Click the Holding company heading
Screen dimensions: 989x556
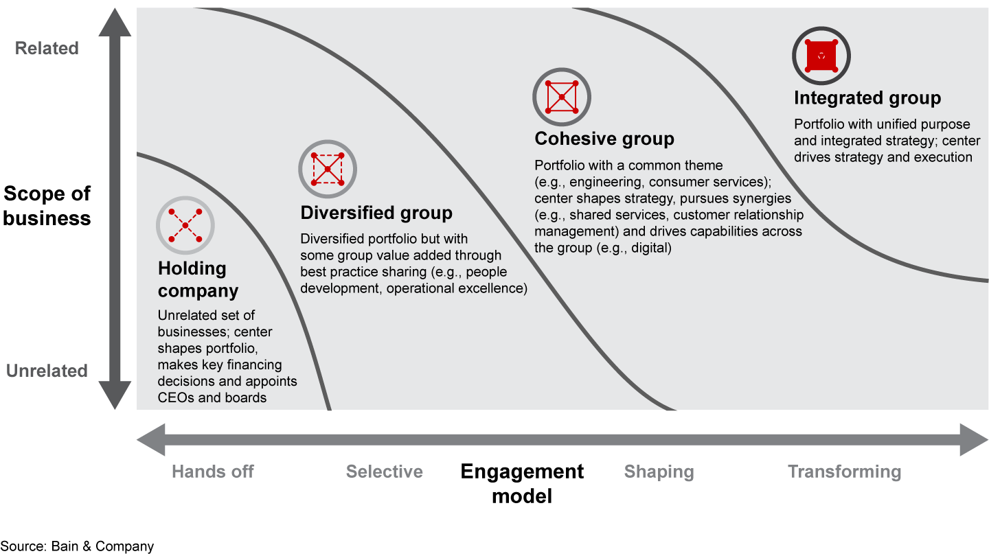click(198, 279)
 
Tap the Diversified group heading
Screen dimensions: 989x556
click(376, 213)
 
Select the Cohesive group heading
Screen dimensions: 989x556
click(604, 139)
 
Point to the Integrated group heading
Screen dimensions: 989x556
click(867, 97)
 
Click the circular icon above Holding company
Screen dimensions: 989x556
click(185, 225)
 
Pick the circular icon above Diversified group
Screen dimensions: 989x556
click(327, 169)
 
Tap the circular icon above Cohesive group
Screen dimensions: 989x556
click(562, 97)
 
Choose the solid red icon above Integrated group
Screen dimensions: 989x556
click(821, 56)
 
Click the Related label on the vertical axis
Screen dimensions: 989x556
click(47, 48)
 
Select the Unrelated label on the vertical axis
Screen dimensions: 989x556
click(47, 371)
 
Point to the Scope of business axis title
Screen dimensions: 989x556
click(47, 206)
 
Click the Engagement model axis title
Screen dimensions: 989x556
click(522, 484)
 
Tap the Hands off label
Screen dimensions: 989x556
click(213, 472)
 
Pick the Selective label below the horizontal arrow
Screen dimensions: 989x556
click(384, 472)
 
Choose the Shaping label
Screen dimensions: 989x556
click(659, 472)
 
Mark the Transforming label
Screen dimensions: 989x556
click(844, 472)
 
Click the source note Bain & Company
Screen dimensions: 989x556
click(77, 546)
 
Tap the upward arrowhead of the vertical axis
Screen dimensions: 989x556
click(115, 22)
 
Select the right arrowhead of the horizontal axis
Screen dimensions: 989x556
click(974, 439)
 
